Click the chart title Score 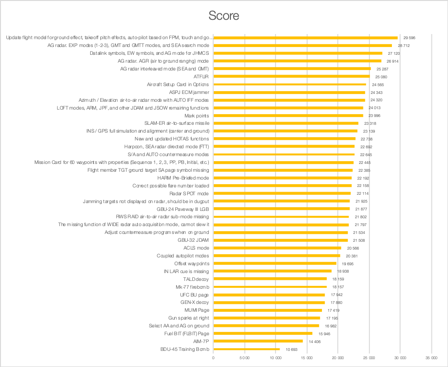[x=224, y=16]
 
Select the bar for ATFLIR [x=292, y=76]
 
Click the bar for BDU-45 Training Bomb [x=247, y=349]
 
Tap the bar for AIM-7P [x=258, y=341]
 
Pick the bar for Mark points [x=288, y=116]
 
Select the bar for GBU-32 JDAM [x=281, y=240]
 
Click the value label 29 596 [x=409, y=38]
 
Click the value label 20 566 [x=353, y=248]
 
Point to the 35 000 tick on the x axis [x=431, y=357]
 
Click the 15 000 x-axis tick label [x=307, y=357]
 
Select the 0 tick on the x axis [x=213, y=357]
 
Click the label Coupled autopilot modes [x=183, y=256]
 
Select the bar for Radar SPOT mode [x=282, y=193]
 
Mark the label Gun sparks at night [x=189, y=318]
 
